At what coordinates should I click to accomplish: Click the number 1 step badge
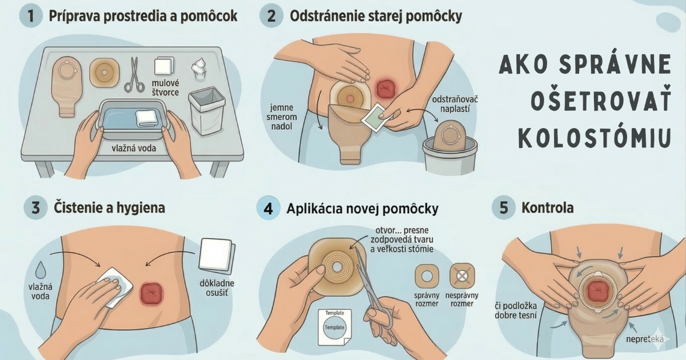click(x=30, y=15)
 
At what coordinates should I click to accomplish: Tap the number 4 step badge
click(x=268, y=209)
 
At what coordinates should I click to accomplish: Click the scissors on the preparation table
click(x=134, y=75)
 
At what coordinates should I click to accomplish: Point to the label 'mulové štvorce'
click(x=165, y=87)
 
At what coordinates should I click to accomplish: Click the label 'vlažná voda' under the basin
click(x=134, y=149)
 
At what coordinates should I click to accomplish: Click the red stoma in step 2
click(x=385, y=89)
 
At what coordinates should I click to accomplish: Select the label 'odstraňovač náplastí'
click(x=455, y=104)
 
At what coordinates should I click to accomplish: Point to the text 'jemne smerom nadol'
click(x=281, y=117)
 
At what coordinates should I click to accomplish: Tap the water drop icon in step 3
click(x=41, y=270)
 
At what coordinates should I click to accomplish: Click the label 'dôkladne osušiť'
click(x=217, y=288)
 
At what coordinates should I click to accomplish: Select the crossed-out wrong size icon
click(x=462, y=276)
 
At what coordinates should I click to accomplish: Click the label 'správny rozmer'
click(x=426, y=299)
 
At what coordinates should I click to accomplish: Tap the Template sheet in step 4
click(x=334, y=327)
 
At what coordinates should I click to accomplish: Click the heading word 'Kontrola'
click(x=548, y=208)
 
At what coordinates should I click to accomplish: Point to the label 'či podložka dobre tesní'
click(x=516, y=310)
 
